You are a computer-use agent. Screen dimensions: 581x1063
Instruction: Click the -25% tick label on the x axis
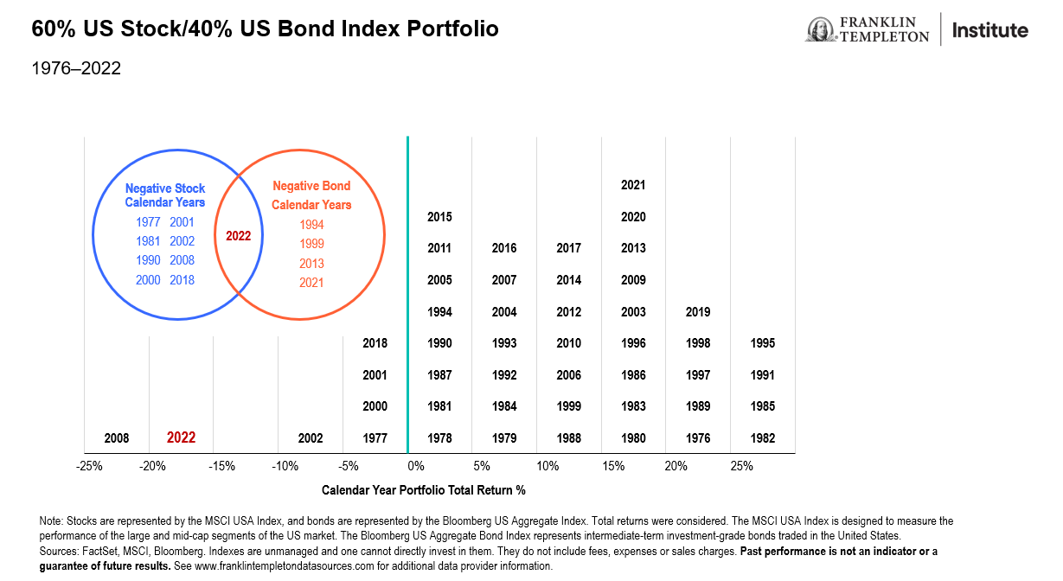90,467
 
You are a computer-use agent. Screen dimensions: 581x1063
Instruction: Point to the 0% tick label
415,467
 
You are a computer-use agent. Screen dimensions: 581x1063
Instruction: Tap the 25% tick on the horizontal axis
741,467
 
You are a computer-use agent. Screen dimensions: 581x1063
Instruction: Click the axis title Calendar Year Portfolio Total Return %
424,490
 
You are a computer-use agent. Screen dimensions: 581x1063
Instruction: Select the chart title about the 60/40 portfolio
265,29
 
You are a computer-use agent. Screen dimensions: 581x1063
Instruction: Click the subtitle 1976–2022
76,68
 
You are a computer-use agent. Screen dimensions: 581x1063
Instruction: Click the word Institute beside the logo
990,30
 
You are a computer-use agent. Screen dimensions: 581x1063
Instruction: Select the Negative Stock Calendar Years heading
165,195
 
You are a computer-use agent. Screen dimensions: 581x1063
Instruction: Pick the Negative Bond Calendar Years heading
311,195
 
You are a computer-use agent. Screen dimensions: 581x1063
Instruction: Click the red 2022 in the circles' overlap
238,235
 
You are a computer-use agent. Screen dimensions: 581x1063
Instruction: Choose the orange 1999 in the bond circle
311,244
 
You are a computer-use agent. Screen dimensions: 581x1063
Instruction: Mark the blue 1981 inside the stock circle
148,241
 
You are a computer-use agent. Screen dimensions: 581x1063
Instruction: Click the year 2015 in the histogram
439,217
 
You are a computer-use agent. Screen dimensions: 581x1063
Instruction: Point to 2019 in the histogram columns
698,312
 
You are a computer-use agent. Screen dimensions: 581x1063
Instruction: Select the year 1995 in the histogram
763,343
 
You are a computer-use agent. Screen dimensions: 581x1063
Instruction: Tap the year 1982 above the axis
763,438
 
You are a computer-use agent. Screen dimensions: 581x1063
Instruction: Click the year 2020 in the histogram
633,217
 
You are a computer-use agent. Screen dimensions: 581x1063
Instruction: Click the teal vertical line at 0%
407,294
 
